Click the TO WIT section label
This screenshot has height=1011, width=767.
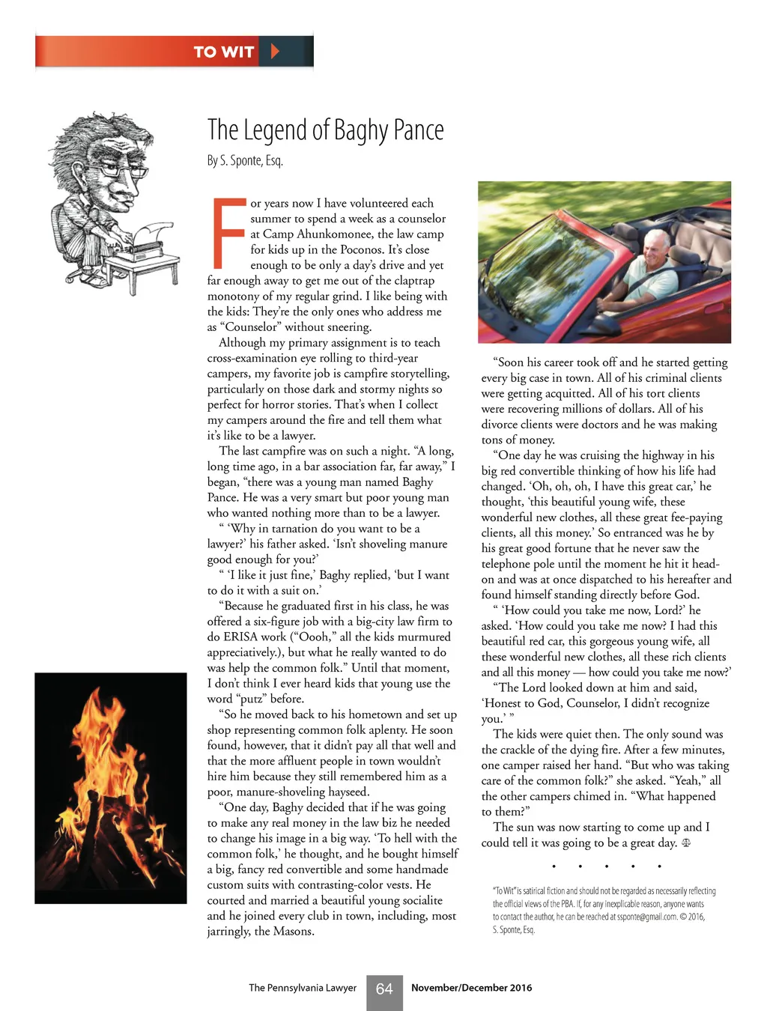pyautogui.click(x=223, y=52)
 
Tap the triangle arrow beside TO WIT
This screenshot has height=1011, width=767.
pyautogui.click(x=275, y=52)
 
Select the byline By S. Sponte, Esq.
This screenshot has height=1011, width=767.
pyautogui.click(x=245, y=160)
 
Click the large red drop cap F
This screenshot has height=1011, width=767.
pyautogui.click(x=228, y=233)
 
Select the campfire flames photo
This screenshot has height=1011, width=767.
pyautogui.click(x=110, y=788)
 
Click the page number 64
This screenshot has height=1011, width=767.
pyautogui.click(x=384, y=989)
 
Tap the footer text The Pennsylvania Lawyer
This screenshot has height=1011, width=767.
pyautogui.click(x=303, y=988)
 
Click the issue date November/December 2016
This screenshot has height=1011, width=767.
pyautogui.click(x=471, y=988)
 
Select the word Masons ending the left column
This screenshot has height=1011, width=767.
pyautogui.click(x=292, y=932)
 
